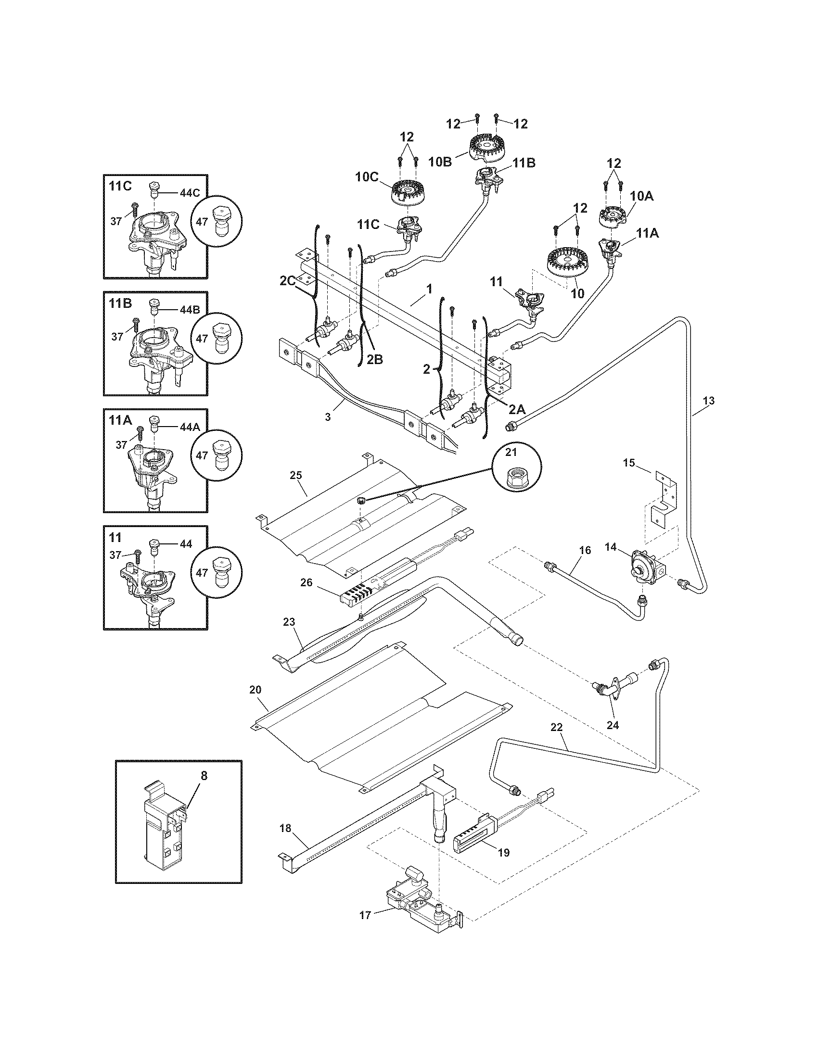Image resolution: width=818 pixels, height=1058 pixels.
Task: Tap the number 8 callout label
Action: click(204, 776)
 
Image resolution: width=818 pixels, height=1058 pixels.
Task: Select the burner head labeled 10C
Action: click(408, 191)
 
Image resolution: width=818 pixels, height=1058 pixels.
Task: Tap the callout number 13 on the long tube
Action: click(708, 401)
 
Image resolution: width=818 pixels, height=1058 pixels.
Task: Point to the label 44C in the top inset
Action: click(190, 193)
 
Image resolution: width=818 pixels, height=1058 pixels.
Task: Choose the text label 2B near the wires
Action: click(374, 360)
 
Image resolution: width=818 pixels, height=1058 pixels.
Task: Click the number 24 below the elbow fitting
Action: click(613, 725)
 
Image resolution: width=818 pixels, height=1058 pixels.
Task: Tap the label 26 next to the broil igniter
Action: click(306, 583)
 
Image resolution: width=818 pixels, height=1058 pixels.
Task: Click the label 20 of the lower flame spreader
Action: click(256, 689)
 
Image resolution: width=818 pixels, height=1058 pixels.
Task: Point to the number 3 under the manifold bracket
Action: click(328, 417)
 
